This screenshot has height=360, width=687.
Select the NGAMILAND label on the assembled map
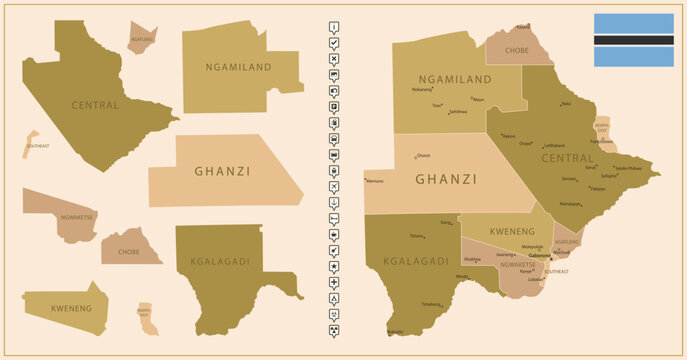point(454,79)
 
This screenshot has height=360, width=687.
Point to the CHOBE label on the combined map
point(517,49)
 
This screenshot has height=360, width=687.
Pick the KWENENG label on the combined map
point(511,231)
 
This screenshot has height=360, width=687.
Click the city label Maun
point(478,99)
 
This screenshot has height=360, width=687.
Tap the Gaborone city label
point(539,256)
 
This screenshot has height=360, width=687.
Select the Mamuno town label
point(375,181)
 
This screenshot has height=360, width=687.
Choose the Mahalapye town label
point(570,203)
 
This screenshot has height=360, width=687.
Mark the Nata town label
point(566,103)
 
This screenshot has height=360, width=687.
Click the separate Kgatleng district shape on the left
point(142,40)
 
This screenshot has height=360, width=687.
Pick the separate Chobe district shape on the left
point(131,248)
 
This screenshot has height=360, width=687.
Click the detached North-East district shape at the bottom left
point(147,318)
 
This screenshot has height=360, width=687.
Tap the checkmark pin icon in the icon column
point(333,43)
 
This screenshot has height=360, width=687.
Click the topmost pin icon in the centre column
point(333,27)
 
